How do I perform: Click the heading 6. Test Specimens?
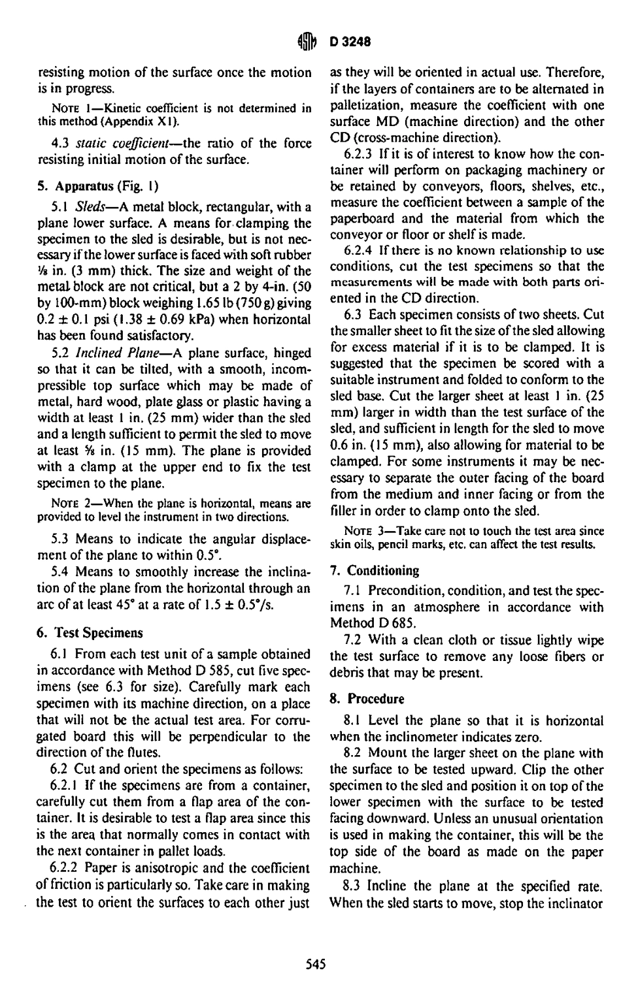coord(90,633)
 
